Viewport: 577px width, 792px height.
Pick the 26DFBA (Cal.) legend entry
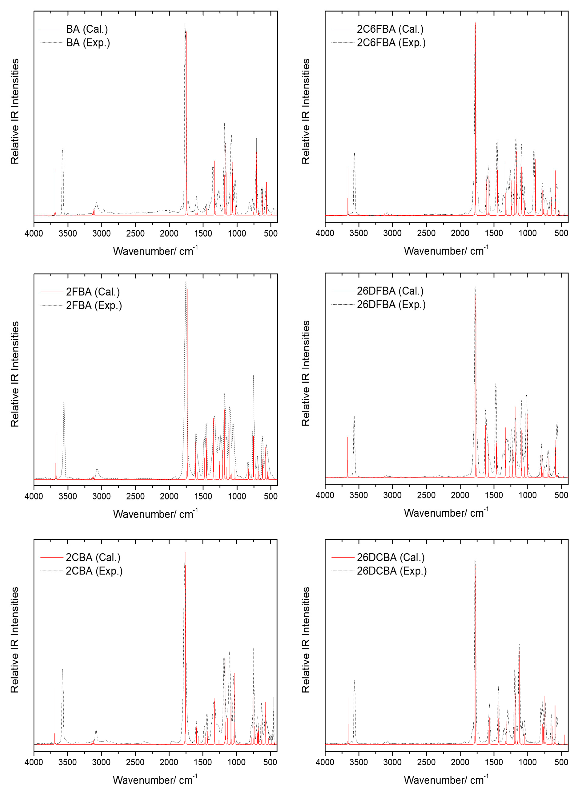(390, 291)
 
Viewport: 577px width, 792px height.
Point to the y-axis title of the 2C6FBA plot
(306, 111)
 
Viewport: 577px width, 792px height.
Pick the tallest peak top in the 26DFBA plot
(475, 287)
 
